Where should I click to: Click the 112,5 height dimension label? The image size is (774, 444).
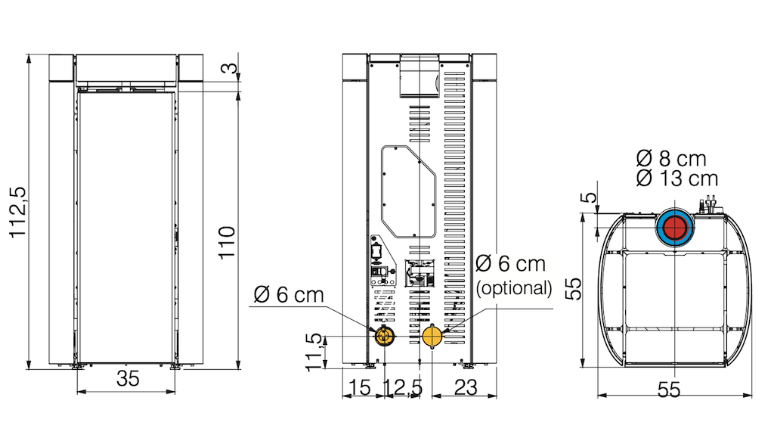click(18, 212)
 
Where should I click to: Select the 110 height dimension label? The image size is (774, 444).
click(227, 242)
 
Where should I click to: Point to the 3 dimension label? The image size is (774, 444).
click(230, 68)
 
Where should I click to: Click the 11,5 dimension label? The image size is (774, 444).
click(314, 352)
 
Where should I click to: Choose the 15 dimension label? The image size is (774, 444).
click(360, 388)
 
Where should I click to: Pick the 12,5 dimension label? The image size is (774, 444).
click(404, 388)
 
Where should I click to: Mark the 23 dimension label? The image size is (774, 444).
click(466, 388)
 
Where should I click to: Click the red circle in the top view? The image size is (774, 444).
click(675, 228)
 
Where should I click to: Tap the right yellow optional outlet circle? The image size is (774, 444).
click(432, 337)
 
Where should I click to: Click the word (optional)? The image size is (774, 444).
click(514, 288)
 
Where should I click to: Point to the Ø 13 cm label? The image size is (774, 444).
click(676, 179)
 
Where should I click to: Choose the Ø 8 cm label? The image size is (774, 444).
click(671, 159)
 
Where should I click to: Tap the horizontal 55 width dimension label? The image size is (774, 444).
click(669, 390)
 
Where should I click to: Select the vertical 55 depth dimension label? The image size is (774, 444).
click(573, 289)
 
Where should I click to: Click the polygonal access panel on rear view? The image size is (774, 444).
click(408, 191)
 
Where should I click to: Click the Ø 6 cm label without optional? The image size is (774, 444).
click(289, 295)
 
